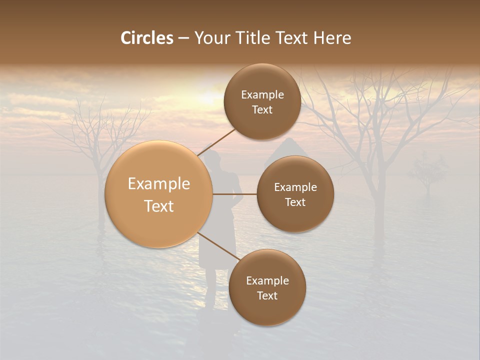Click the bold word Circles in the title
tap(147, 38)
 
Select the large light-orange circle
tap(159, 194)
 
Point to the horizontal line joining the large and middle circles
tap(235, 194)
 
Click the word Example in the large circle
tap(159, 184)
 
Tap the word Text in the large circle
tap(159, 206)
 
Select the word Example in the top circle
tap(262, 94)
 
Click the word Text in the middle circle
tap(295, 202)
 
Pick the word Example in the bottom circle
tap(267, 280)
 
